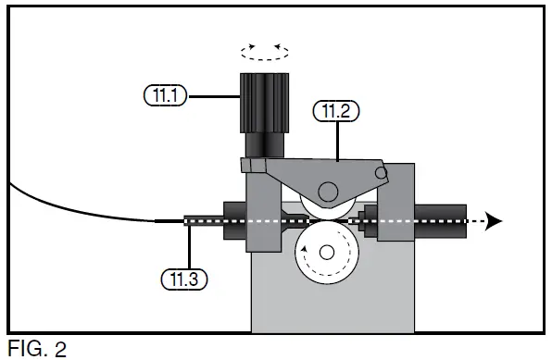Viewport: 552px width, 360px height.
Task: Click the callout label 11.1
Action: [x=166, y=93]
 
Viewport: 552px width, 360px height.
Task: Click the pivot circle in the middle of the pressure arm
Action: [x=327, y=191]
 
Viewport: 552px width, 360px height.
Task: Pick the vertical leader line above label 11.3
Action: [x=189, y=246]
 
